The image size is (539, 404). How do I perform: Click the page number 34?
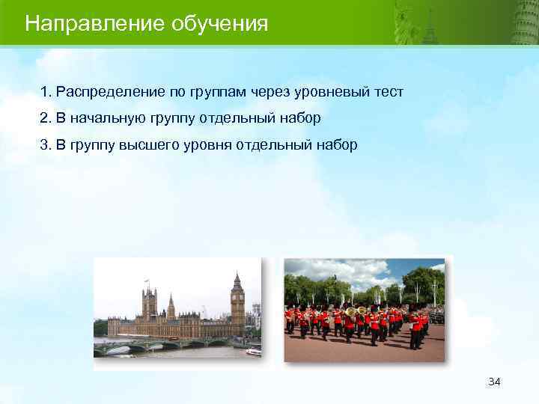[x=494, y=382]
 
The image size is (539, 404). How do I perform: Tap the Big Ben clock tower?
[x=237, y=303]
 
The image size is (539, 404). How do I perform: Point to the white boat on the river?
[x=253, y=350]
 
